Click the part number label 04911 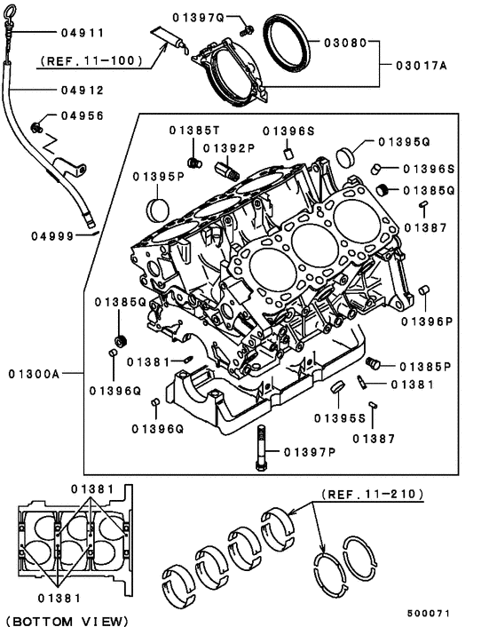83,33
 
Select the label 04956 83,115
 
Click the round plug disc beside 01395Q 347,157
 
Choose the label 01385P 425,366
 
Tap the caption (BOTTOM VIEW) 66,618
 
